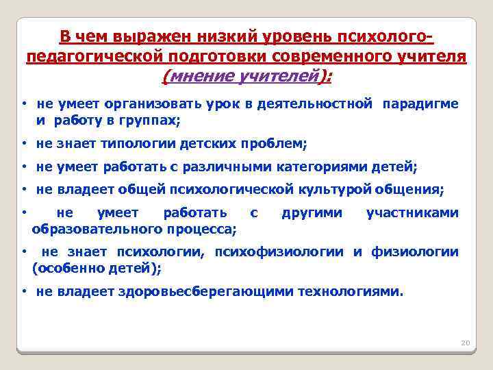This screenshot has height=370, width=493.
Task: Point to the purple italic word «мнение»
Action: [198, 77]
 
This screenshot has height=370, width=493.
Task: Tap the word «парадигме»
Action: [420, 103]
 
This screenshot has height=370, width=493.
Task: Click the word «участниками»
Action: [412, 212]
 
